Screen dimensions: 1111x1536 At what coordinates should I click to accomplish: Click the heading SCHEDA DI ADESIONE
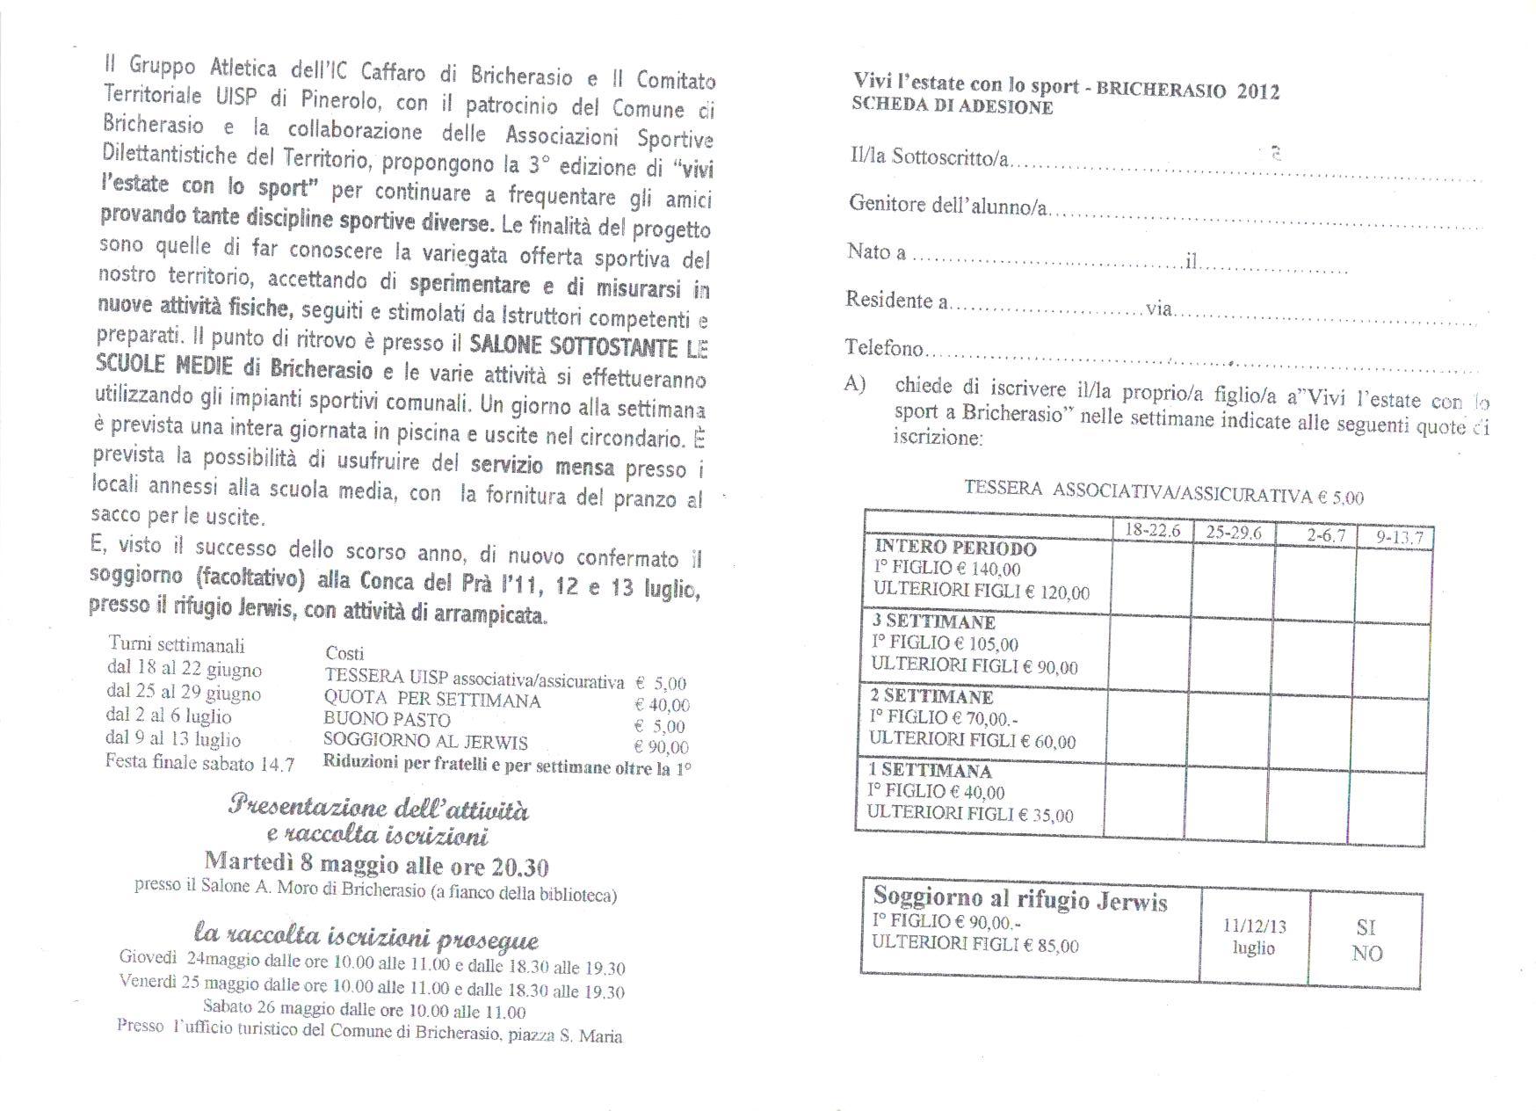952,108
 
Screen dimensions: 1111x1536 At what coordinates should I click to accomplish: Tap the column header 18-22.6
1153,531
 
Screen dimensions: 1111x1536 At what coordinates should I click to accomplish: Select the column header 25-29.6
1234,533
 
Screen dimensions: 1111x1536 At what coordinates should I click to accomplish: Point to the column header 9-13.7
1395,536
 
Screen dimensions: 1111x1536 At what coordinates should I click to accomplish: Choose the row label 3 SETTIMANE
933,622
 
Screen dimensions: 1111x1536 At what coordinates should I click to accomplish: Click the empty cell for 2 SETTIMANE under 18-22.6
1148,723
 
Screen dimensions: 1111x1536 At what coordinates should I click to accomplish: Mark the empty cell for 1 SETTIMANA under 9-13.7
1387,802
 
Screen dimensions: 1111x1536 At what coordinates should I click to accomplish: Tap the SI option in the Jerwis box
1366,927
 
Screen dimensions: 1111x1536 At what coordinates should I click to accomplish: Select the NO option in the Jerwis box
1366,953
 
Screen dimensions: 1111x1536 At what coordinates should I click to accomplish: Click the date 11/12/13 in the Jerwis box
1254,926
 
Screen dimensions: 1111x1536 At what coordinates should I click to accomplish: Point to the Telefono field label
884,348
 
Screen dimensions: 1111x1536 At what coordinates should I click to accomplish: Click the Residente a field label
896,301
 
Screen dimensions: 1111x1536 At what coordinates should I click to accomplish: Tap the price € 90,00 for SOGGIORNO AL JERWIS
661,748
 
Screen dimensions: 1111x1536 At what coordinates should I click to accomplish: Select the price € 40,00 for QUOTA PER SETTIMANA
661,705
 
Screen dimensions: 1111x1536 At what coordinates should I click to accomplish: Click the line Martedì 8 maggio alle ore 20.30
376,865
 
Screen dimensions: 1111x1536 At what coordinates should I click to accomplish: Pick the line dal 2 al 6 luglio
168,716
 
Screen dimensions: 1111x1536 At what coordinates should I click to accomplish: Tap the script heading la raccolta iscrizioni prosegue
366,935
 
